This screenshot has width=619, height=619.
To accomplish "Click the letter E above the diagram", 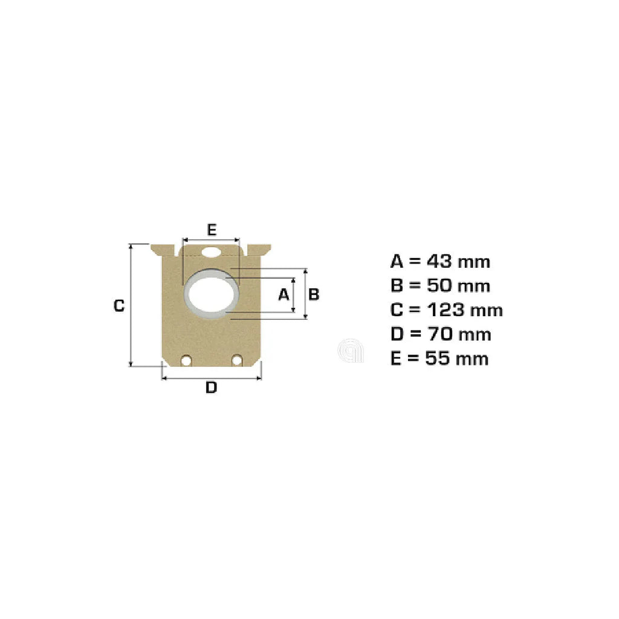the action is pyautogui.click(x=212, y=229).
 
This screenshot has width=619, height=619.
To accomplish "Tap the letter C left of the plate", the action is pyautogui.click(x=119, y=305).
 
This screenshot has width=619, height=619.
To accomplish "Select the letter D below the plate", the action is pyautogui.click(x=211, y=387).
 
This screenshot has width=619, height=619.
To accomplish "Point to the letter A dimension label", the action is pyautogui.click(x=284, y=294).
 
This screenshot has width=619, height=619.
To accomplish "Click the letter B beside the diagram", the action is pyautogui.click(x=314, y=294).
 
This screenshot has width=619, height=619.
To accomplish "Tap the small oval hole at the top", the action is pyautogui.click(x=211, y=252).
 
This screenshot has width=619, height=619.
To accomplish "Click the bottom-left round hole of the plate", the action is pyautogui.click(x=186, y=360).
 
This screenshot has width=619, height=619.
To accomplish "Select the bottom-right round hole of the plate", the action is pyautogui.click(x=237, y=360).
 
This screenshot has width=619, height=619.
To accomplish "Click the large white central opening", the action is pyautogui.click(x=212, y=294).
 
